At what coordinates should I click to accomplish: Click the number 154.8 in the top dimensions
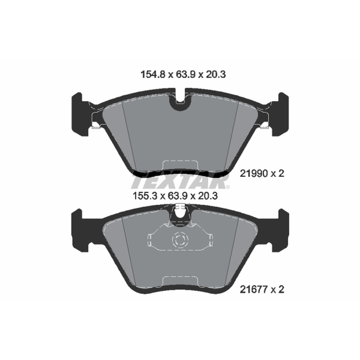(x=153, y=74)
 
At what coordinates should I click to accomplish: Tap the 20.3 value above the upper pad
(x=216, y=74)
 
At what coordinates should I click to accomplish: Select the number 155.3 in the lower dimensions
(x=145, y=196)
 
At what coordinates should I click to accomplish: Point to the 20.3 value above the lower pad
(x=208, y=196)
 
